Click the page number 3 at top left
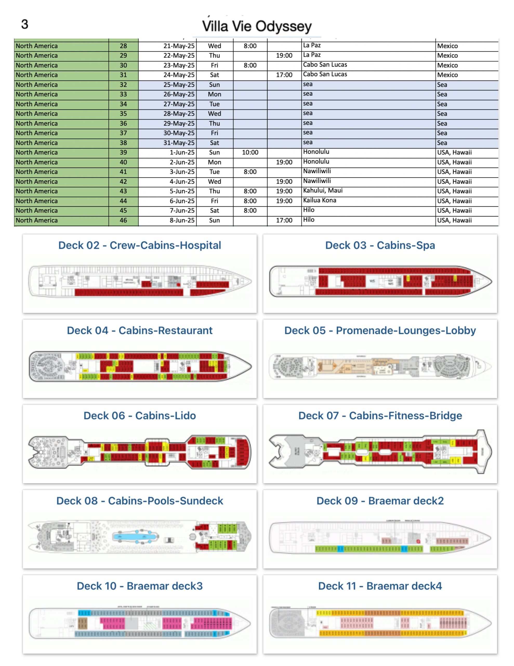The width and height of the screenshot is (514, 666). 25,24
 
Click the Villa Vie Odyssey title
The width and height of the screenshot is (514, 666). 257,26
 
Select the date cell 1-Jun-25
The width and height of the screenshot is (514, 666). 182,152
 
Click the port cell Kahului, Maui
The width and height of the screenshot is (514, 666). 323,191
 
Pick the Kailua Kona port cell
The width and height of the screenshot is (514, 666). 320,200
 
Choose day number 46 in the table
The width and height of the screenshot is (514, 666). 123,220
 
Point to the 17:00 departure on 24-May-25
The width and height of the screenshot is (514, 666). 284,75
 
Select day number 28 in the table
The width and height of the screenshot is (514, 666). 123,46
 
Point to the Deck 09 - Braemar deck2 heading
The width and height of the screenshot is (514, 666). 380,501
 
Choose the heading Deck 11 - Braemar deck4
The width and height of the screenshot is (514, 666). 380,586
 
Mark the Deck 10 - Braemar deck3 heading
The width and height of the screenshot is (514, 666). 140,586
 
